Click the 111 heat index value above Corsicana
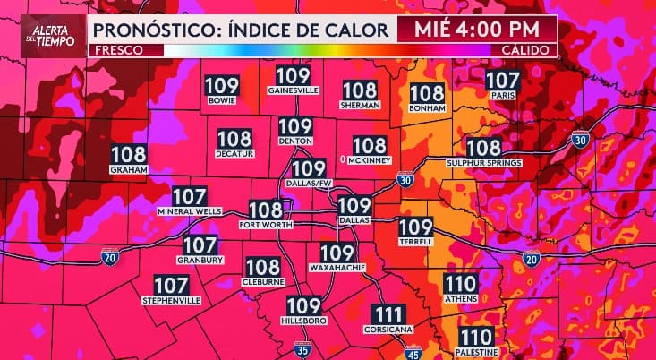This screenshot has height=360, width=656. pos(388,314)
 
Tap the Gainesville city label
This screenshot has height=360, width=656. pos(294,90)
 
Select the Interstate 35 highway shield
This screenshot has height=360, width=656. pos(303,349)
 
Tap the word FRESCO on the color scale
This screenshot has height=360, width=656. pos(116,49)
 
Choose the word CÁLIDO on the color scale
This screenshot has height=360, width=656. pos(525,49)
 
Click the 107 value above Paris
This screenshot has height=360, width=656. pos(502,80)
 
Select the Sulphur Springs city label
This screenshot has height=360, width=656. pos(483,163)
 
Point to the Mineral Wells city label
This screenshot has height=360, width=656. pos(190,211)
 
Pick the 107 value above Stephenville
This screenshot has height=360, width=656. pos(171,286)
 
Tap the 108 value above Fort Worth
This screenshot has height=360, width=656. pos(266,210)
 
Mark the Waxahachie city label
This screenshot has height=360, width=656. pos(337,267)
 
